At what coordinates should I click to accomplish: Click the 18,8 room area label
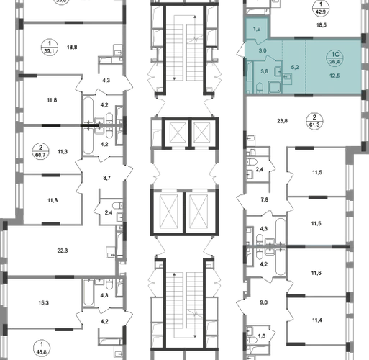click(72, 48)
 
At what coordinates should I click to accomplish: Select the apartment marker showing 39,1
click(50, 48)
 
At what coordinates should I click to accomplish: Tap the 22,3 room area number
click(63, 251)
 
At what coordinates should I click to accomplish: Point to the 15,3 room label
click(43, 303)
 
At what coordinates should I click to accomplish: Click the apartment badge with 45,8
click(42, 348)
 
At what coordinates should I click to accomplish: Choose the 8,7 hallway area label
click(106, 178)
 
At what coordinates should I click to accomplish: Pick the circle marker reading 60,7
click(40, 151)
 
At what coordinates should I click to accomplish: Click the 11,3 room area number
click(63, 152)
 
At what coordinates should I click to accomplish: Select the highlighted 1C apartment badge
click(334, 58)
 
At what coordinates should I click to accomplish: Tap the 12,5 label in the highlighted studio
click(334, 76)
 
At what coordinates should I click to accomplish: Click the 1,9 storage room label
click(257, 29)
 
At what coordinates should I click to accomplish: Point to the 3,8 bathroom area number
click(264, 71)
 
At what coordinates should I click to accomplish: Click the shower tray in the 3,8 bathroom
click(275, 87)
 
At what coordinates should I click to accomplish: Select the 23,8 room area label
click(282, 121)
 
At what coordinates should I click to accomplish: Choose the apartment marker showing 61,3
click(314, 121)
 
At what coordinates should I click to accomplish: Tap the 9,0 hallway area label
click(263, 302)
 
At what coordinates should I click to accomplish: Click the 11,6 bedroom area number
click(316, 273)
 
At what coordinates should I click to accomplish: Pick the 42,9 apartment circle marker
click(321, 8)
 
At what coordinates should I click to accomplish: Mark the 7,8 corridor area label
click(265, 199)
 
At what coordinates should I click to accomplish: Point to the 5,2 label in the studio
click(295, 68)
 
